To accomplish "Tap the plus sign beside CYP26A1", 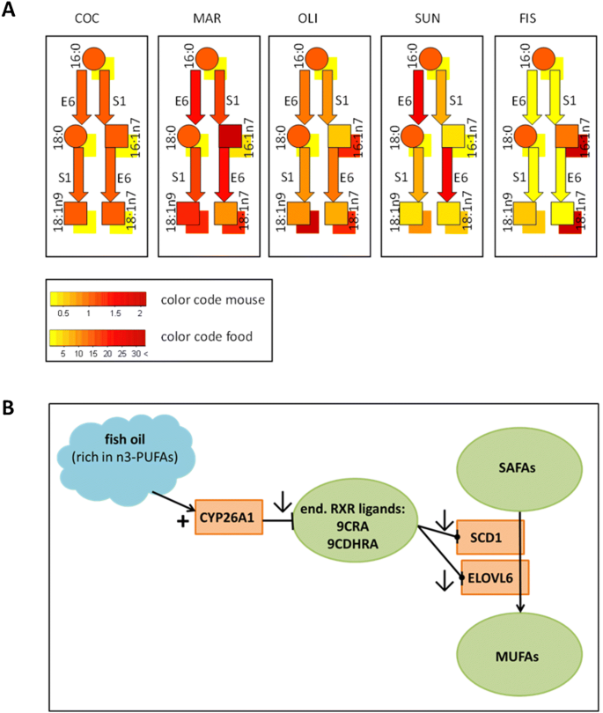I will click(182, 522).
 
